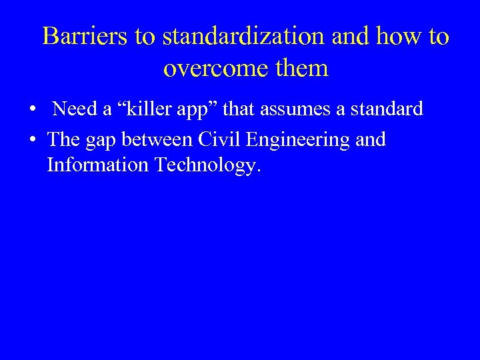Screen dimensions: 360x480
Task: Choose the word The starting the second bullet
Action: tap(63, 139)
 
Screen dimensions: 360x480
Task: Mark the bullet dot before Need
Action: tap(33, 109)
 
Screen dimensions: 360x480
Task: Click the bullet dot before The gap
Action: tap(33, 140)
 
